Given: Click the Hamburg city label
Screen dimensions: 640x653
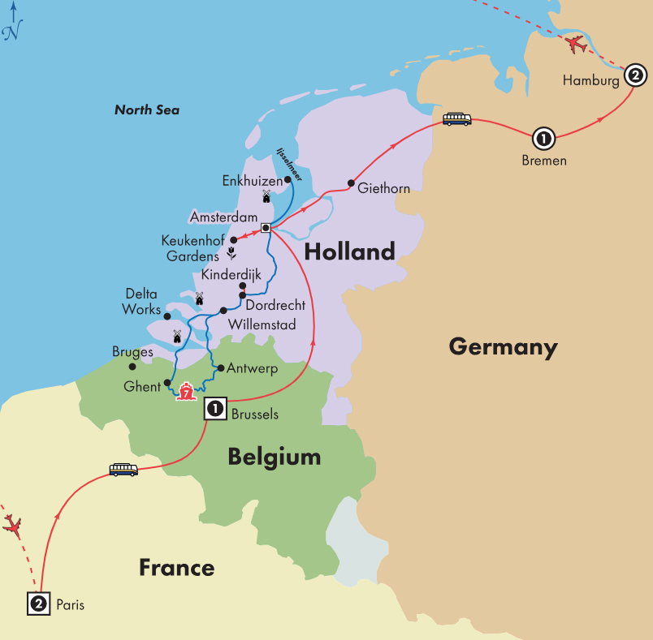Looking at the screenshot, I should (x=590, y=81).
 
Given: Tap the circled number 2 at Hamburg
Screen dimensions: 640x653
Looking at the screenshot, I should (x=635, y=77).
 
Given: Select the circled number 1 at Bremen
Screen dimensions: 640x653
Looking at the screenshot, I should (x=543, y=139).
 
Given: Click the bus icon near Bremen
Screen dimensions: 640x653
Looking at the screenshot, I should (x=456, y=119).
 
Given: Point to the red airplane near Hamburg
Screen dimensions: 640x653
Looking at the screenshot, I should (x=577, y=44).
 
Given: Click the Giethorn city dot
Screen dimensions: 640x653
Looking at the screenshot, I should (x=351, y=183).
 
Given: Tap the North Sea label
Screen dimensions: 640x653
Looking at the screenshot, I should (x=147, y=110).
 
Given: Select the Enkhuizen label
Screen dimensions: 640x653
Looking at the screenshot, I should (x=252, y=182).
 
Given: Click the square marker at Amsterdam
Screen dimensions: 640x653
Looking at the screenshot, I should (x=266, y=228).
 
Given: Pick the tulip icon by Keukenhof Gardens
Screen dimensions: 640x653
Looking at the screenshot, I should (x=231, y=254).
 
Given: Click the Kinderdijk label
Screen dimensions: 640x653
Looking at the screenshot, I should (x=231, y=274).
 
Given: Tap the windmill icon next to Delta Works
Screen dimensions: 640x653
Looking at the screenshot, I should (x=198, y=299).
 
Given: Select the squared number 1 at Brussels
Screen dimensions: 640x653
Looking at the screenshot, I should (x=215, y=410).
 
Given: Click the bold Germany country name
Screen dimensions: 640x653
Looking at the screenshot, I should (x=503, y=347).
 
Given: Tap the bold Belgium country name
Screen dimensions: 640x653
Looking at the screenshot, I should (x=274, y=457).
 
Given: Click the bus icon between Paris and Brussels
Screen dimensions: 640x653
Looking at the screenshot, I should (x=123, y=469).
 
